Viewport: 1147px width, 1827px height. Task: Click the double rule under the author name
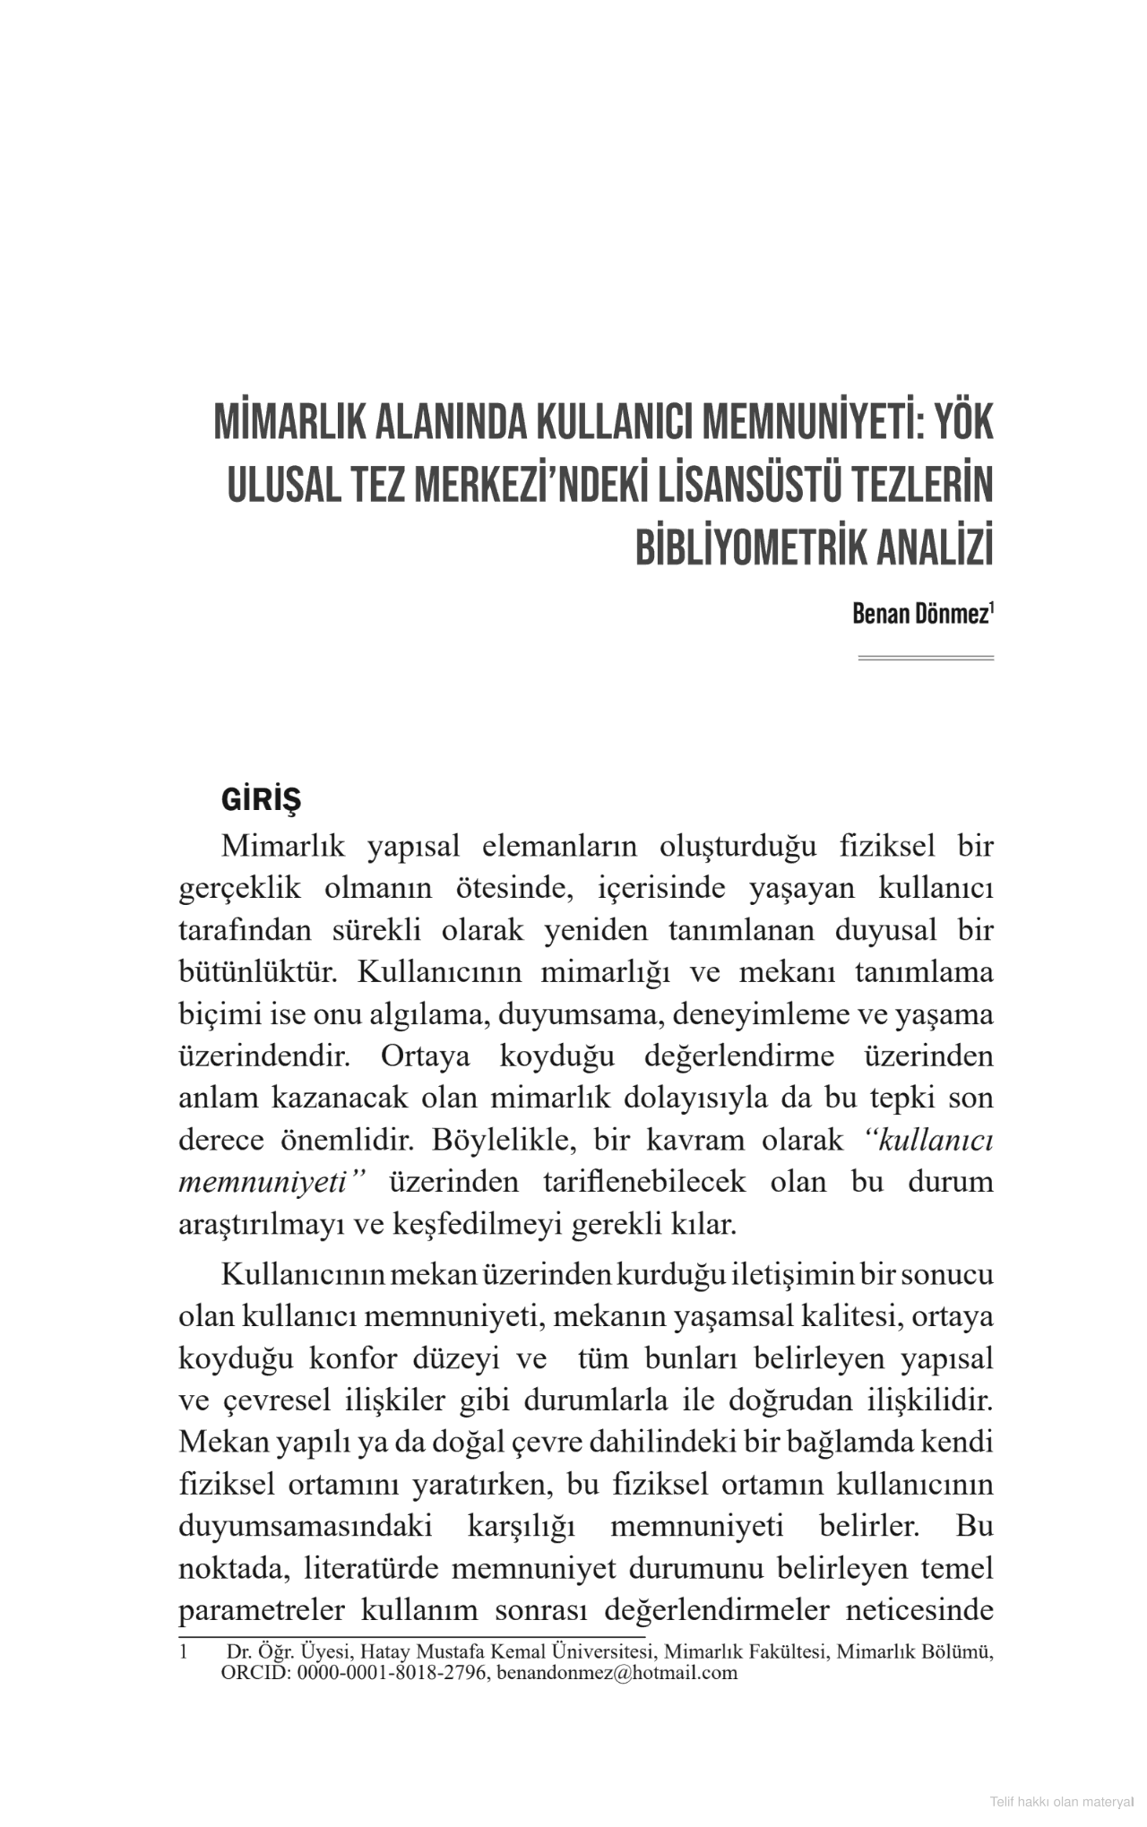click(926, 659)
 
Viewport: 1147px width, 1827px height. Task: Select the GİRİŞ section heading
click(261, 799)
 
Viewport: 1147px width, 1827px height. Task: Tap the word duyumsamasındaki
click(306, 1526)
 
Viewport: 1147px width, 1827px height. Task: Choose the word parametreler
click(262, 1610)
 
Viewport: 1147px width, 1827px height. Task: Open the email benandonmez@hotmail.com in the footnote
click(617, 1673)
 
